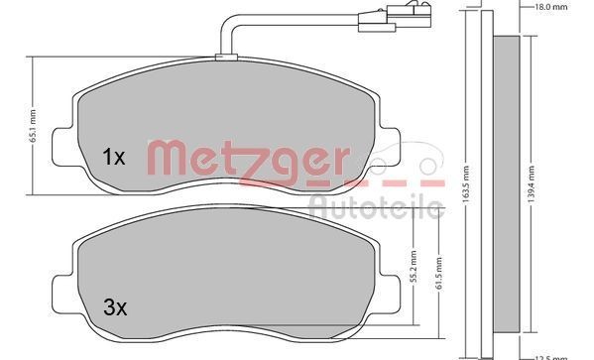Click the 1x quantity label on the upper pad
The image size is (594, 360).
[x=113, y=157]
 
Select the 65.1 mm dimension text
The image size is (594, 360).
[x=34, y=126]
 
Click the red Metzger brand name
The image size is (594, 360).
[x=248, y=159]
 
